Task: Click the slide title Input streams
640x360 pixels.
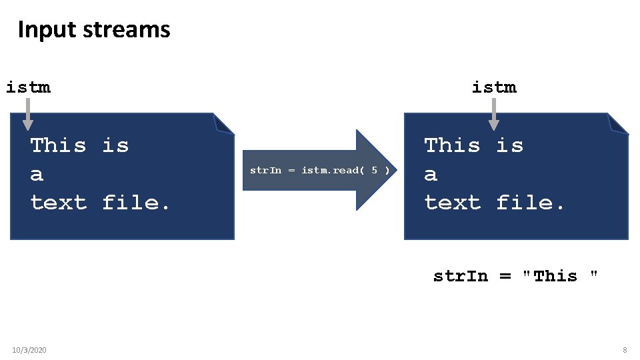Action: [94, 30]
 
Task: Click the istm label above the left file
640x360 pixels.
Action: [28, 87]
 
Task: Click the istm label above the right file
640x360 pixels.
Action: [494, 87]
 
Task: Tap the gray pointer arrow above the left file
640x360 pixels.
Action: [27, 115]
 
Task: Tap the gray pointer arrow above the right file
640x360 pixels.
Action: [493, 115]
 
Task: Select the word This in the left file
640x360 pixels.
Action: [59, 145]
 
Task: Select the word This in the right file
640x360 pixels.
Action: [452, 145]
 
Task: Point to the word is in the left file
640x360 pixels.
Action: [115, 145]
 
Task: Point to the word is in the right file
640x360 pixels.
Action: [509, 145]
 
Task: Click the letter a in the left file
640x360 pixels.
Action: [37, 175]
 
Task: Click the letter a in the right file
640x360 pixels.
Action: [431, 175]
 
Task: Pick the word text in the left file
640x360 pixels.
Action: [59, 203]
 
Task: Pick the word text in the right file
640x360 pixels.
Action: [452, 203]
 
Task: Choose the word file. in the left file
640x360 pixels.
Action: [137, 203]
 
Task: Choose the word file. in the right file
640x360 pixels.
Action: [531, 203]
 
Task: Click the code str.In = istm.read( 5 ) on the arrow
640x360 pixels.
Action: [319, 170]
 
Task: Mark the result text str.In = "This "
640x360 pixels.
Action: [515, 276]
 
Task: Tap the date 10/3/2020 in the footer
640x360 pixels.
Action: [29, 350]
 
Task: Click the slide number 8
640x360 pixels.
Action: [625, 350]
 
